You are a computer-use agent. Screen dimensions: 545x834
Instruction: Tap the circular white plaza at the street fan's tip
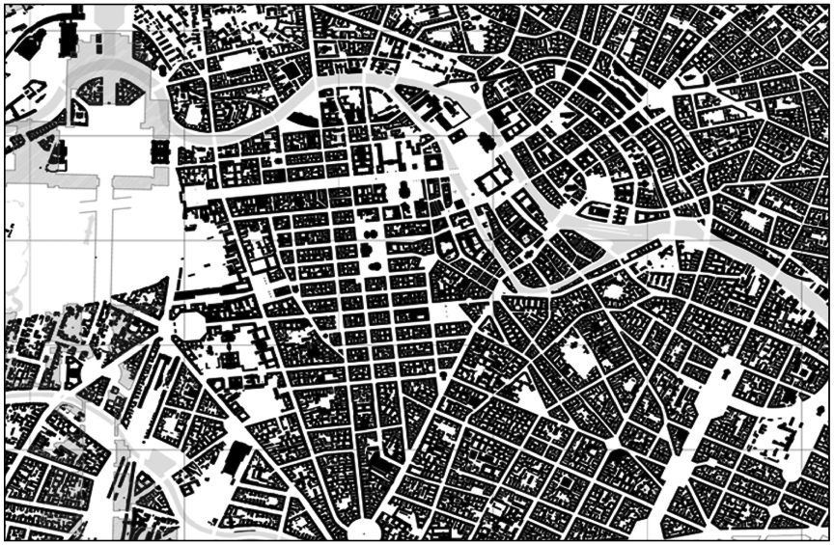coord(363,528)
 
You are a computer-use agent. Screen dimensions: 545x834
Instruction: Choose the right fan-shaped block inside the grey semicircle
coord(127,93)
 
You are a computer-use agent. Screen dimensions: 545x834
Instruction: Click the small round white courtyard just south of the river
coord(611,289)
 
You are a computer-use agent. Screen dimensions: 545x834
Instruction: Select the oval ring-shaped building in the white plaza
coord(159,150)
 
